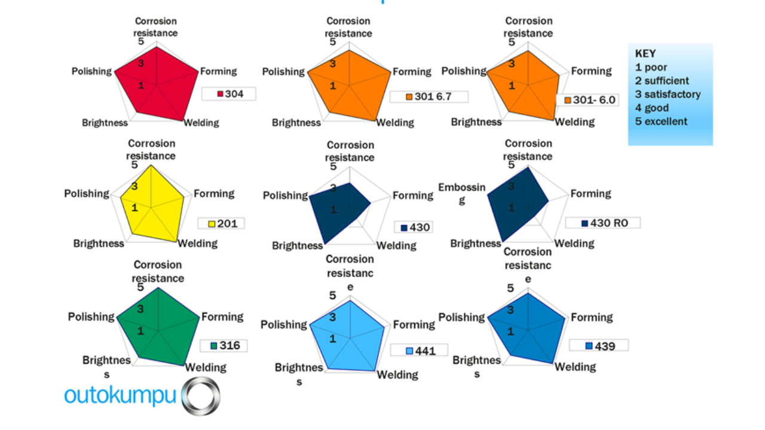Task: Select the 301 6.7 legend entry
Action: [x=429, y=97]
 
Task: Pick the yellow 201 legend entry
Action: [x=221, y=223]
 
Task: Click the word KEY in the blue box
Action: [x=645, y=54]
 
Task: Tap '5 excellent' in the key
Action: [x=661, y=121]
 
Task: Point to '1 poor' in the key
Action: [x=651, y=67]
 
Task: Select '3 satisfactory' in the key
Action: [x=668, y=94]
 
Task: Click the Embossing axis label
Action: [x=462, y=193]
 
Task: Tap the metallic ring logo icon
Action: [x=201, y=396]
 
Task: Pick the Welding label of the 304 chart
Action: [x=201, y=123]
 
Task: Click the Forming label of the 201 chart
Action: [x=214, y=194]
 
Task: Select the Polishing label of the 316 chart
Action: [x=91, y=317]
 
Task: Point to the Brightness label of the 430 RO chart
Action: [x=476, y=243]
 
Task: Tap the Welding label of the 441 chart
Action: [x=397, y=374]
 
